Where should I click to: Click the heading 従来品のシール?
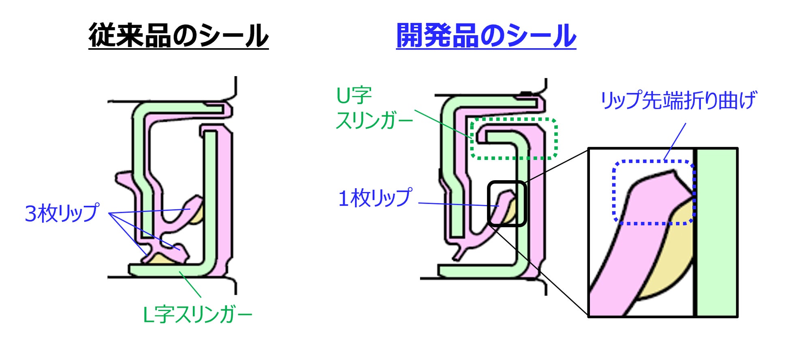coord(178,36)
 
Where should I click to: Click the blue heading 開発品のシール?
coord(486,36)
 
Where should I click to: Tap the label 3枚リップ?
coord(62,213)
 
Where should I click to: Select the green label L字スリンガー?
coord(197,315)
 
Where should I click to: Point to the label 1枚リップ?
coord(375,198)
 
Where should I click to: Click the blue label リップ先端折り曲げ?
coord(678,100)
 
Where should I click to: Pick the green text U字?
coord(354,96)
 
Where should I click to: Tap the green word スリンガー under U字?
coord(374,121)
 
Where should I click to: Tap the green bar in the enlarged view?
coord(716,232)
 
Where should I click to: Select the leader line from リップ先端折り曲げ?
coord(675,142)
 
